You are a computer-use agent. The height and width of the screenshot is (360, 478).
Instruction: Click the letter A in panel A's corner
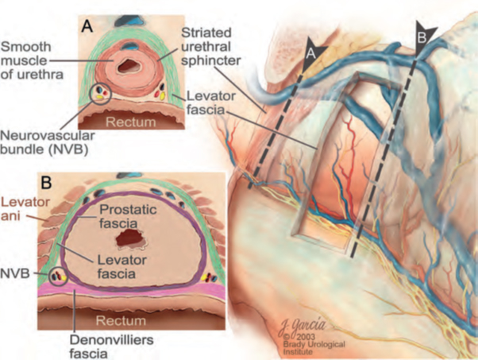88,25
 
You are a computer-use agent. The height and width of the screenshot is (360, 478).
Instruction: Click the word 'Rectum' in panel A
134,124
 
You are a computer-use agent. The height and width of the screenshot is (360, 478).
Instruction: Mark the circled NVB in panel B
57,277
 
